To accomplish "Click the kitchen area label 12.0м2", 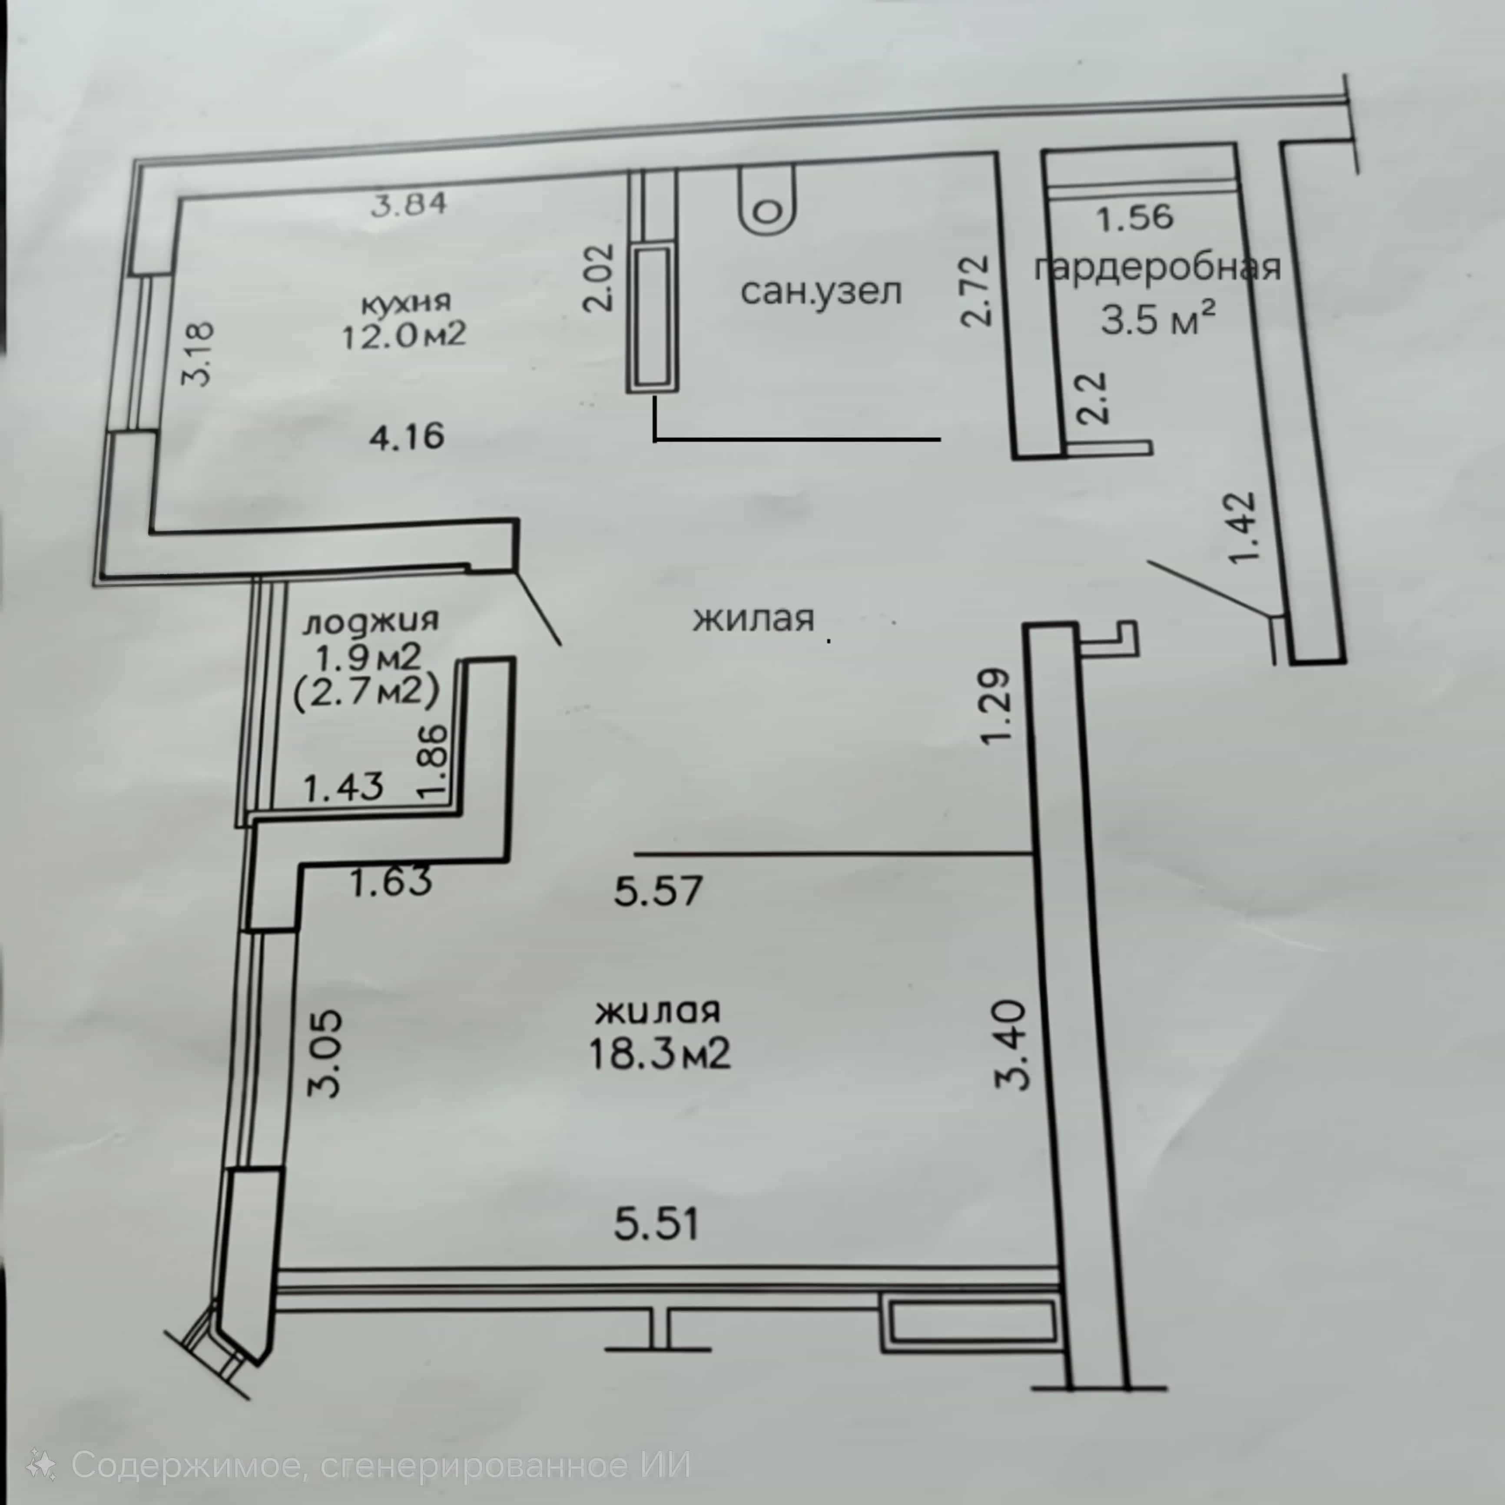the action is pos(404,335).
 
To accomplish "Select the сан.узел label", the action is pos(821,292).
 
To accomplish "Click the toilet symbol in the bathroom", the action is pos(769,200).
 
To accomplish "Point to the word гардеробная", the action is pos(1157,267).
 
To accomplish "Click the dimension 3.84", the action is pos(410,204).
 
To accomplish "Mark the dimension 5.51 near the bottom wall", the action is pos(656,1223).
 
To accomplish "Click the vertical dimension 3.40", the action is pos(1013,1044).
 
